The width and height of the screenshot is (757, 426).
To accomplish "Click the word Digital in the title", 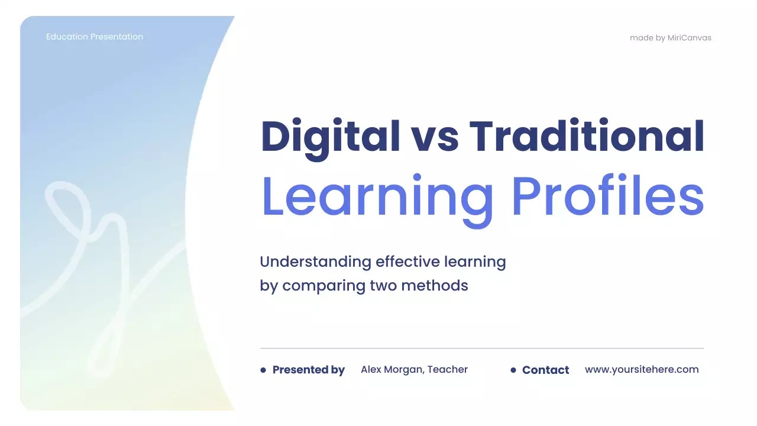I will click(x=330, y=137).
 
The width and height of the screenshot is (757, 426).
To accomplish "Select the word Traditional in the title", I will click(x=587, y=137).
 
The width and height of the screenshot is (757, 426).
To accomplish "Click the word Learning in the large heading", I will click(x=377, y=196).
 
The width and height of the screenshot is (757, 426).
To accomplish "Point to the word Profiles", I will click(x=607, y=196).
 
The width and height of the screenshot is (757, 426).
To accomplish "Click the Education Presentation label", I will click(x=95, y=37).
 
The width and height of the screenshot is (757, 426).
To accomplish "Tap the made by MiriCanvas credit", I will click(x=670, y=38).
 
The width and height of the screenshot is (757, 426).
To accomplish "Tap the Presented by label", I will click(x=308, y=370).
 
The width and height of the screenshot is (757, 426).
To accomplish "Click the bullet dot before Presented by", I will click(x=263, y=370).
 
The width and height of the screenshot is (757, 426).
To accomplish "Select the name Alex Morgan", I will click(x=392, y=369).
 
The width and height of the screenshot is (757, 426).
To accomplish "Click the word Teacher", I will click(x=448, y=369).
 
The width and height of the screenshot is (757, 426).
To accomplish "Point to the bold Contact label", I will click(x=545, y=370).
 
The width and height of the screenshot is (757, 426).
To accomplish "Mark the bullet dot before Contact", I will click(x=513, y=370).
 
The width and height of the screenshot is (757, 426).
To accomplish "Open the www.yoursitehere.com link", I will click(x=642, y=369).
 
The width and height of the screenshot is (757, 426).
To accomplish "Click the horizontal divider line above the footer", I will click(x=481, y=348).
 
